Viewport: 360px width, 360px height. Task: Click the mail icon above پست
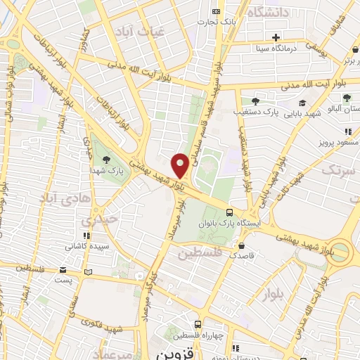click(x=63, y=269)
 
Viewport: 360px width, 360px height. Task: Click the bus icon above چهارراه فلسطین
click(x=199, y=325)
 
